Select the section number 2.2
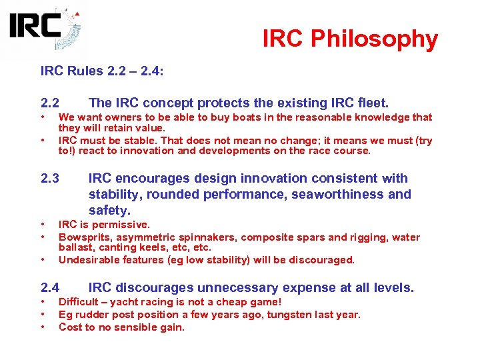click(x=50, y=103)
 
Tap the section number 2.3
click(x=50, y=179)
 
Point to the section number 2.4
click(x=50, y=288)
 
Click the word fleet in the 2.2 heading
click(x=373, y=103)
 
